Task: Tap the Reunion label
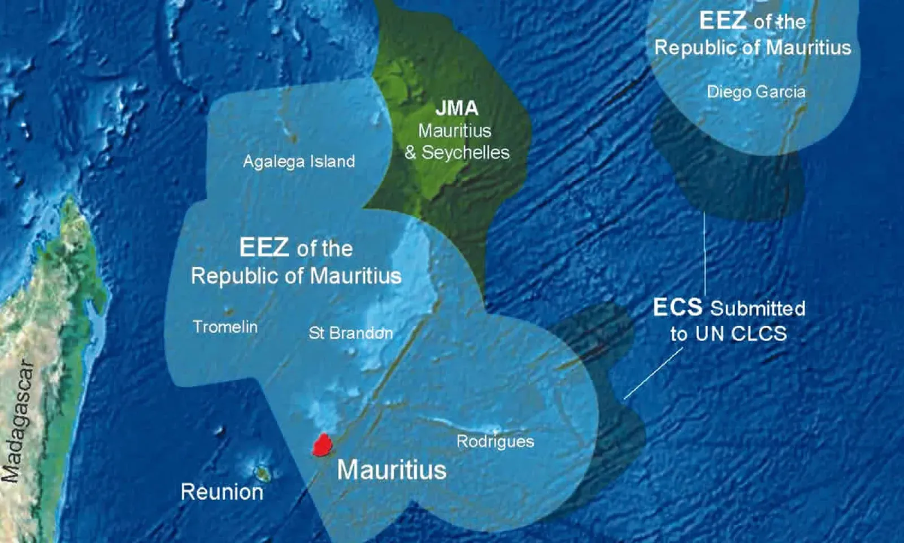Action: (221, 492)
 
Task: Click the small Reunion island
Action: (262, 473)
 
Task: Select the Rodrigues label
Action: (495, 441)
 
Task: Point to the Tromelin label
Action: (225, 327)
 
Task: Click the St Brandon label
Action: (350, 333)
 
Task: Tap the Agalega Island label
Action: (299, 162)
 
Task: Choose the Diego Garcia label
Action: (756, 92)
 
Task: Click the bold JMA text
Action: (457, 108)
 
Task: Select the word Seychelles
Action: (466, 153)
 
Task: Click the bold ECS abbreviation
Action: (677, 308)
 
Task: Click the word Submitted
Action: (758, 308)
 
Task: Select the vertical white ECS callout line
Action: (705, 255)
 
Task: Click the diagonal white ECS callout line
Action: (653, 373)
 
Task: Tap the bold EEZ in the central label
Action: (264, 248)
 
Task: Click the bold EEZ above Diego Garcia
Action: (723, 21)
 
